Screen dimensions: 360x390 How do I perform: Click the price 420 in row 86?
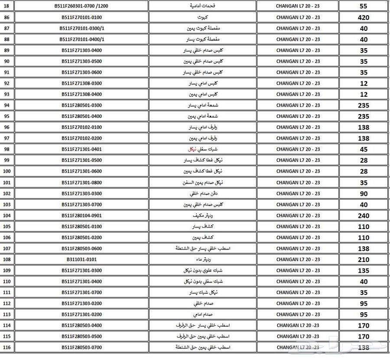pos(364,18)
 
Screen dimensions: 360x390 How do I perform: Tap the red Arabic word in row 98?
pos(192,149)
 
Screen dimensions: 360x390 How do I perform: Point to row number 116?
pos(7,347)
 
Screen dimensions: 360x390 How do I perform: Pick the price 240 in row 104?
pos(364,216)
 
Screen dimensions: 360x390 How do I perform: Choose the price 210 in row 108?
pos(364,260)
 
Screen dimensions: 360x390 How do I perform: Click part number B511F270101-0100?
pos(81,17)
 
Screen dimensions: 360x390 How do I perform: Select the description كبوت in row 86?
pos(202,17)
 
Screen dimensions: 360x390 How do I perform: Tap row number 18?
pos(7,6)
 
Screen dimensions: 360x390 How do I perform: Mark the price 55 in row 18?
pos(364,7)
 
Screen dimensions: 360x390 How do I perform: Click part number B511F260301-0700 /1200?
pos(81,6)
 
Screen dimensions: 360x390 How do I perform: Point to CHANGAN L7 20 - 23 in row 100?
pos(298,171)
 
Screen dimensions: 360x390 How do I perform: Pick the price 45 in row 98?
pos(364,150)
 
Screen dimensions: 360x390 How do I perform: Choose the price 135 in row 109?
pos(364,271)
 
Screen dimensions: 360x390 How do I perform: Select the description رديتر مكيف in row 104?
pos(202,216)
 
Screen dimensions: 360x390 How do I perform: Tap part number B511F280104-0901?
pos(81,215)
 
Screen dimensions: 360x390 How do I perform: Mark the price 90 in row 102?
pos(364,194)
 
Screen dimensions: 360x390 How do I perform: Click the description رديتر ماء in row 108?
pos(202,259)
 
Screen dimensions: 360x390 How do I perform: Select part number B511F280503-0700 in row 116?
pos(81,347)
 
